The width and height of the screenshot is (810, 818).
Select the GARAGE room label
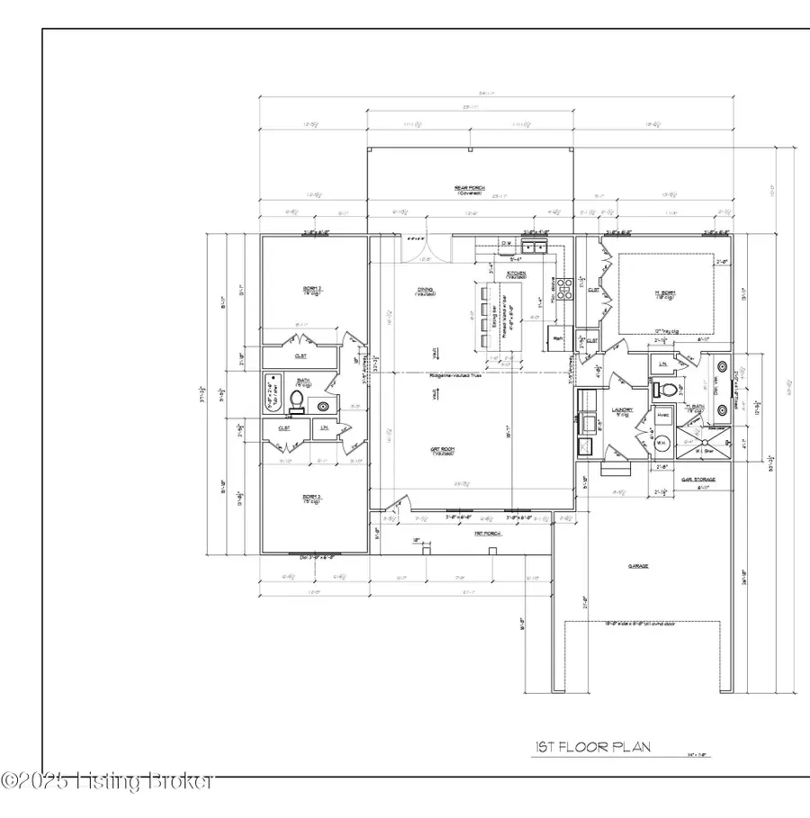tap(638, 566)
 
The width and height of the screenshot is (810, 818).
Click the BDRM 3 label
tap(312, 497)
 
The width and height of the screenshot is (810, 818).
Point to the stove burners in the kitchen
tap(566, 290)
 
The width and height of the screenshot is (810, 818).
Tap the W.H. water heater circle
tap(662, 441)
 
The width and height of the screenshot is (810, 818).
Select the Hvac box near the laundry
tap(663, 415)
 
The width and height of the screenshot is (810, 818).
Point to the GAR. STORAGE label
tap(697, 481)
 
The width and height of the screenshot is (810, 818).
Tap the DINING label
tap(425, 291)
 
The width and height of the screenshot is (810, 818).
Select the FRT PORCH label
tap(487, 534)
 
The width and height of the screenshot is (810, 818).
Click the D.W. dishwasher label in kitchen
tap(506, 243)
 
